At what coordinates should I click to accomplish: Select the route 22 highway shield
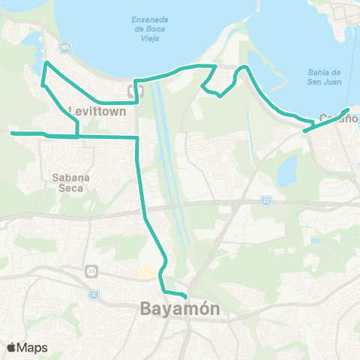265,200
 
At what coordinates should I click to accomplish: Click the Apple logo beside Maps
12,346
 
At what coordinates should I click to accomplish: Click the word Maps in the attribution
32,346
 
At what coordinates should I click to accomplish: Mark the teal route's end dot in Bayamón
184,295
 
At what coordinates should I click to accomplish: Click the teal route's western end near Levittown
11,133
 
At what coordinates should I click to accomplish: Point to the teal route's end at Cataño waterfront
347,110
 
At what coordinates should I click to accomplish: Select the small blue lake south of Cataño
286,172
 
